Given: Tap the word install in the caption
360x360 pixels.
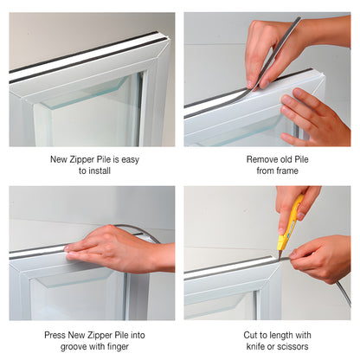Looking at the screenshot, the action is click(x=100, y=170).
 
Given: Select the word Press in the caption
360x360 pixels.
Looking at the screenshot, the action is click(x=55, y=335).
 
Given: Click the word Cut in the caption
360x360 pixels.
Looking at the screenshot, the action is click(x=250, y=335).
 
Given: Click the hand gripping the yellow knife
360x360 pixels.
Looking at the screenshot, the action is click(x=294, y=208).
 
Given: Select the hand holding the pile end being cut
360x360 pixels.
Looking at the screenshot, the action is click(x=320, y=258).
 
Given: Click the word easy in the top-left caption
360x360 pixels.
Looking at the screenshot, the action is click(x=130, y=160).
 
